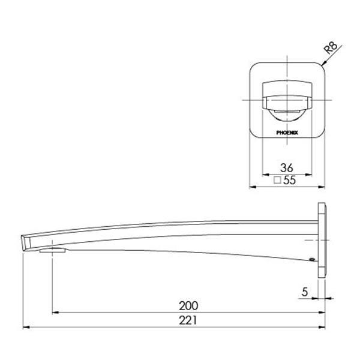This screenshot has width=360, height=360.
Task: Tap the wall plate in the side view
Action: click(322, 239)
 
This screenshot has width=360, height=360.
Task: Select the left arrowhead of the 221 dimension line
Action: click(25, 327)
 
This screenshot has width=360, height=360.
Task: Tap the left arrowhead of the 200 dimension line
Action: click(56, 312)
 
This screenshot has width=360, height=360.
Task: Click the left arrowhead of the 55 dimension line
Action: click(252, 187)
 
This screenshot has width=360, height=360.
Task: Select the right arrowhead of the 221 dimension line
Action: click(324, 327)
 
